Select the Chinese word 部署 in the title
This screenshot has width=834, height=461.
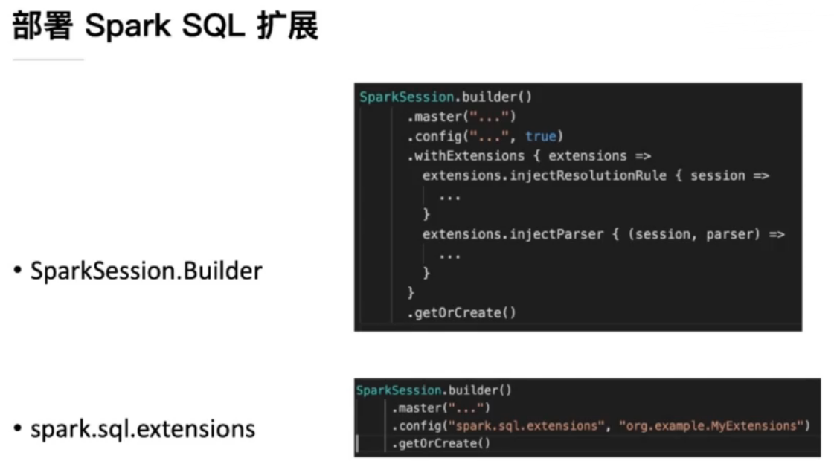pyautogui.click(x=42, y=27)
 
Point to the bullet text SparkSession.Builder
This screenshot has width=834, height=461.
pyautogui.click(x=146, y=271)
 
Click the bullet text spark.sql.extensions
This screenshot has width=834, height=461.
pyautogui.click(x=142, y=428)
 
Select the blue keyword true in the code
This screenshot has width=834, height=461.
pyautogui.click(x=540, y=136)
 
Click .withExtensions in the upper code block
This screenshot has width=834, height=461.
pyautogui.click(x=466, y=155)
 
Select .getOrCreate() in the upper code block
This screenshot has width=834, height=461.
pyautogui.click(x=461, y=312)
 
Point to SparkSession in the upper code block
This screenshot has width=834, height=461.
pyautogui.click(x=406, y=97)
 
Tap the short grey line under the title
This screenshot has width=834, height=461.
pyautogui.click(x=48, y=59)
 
